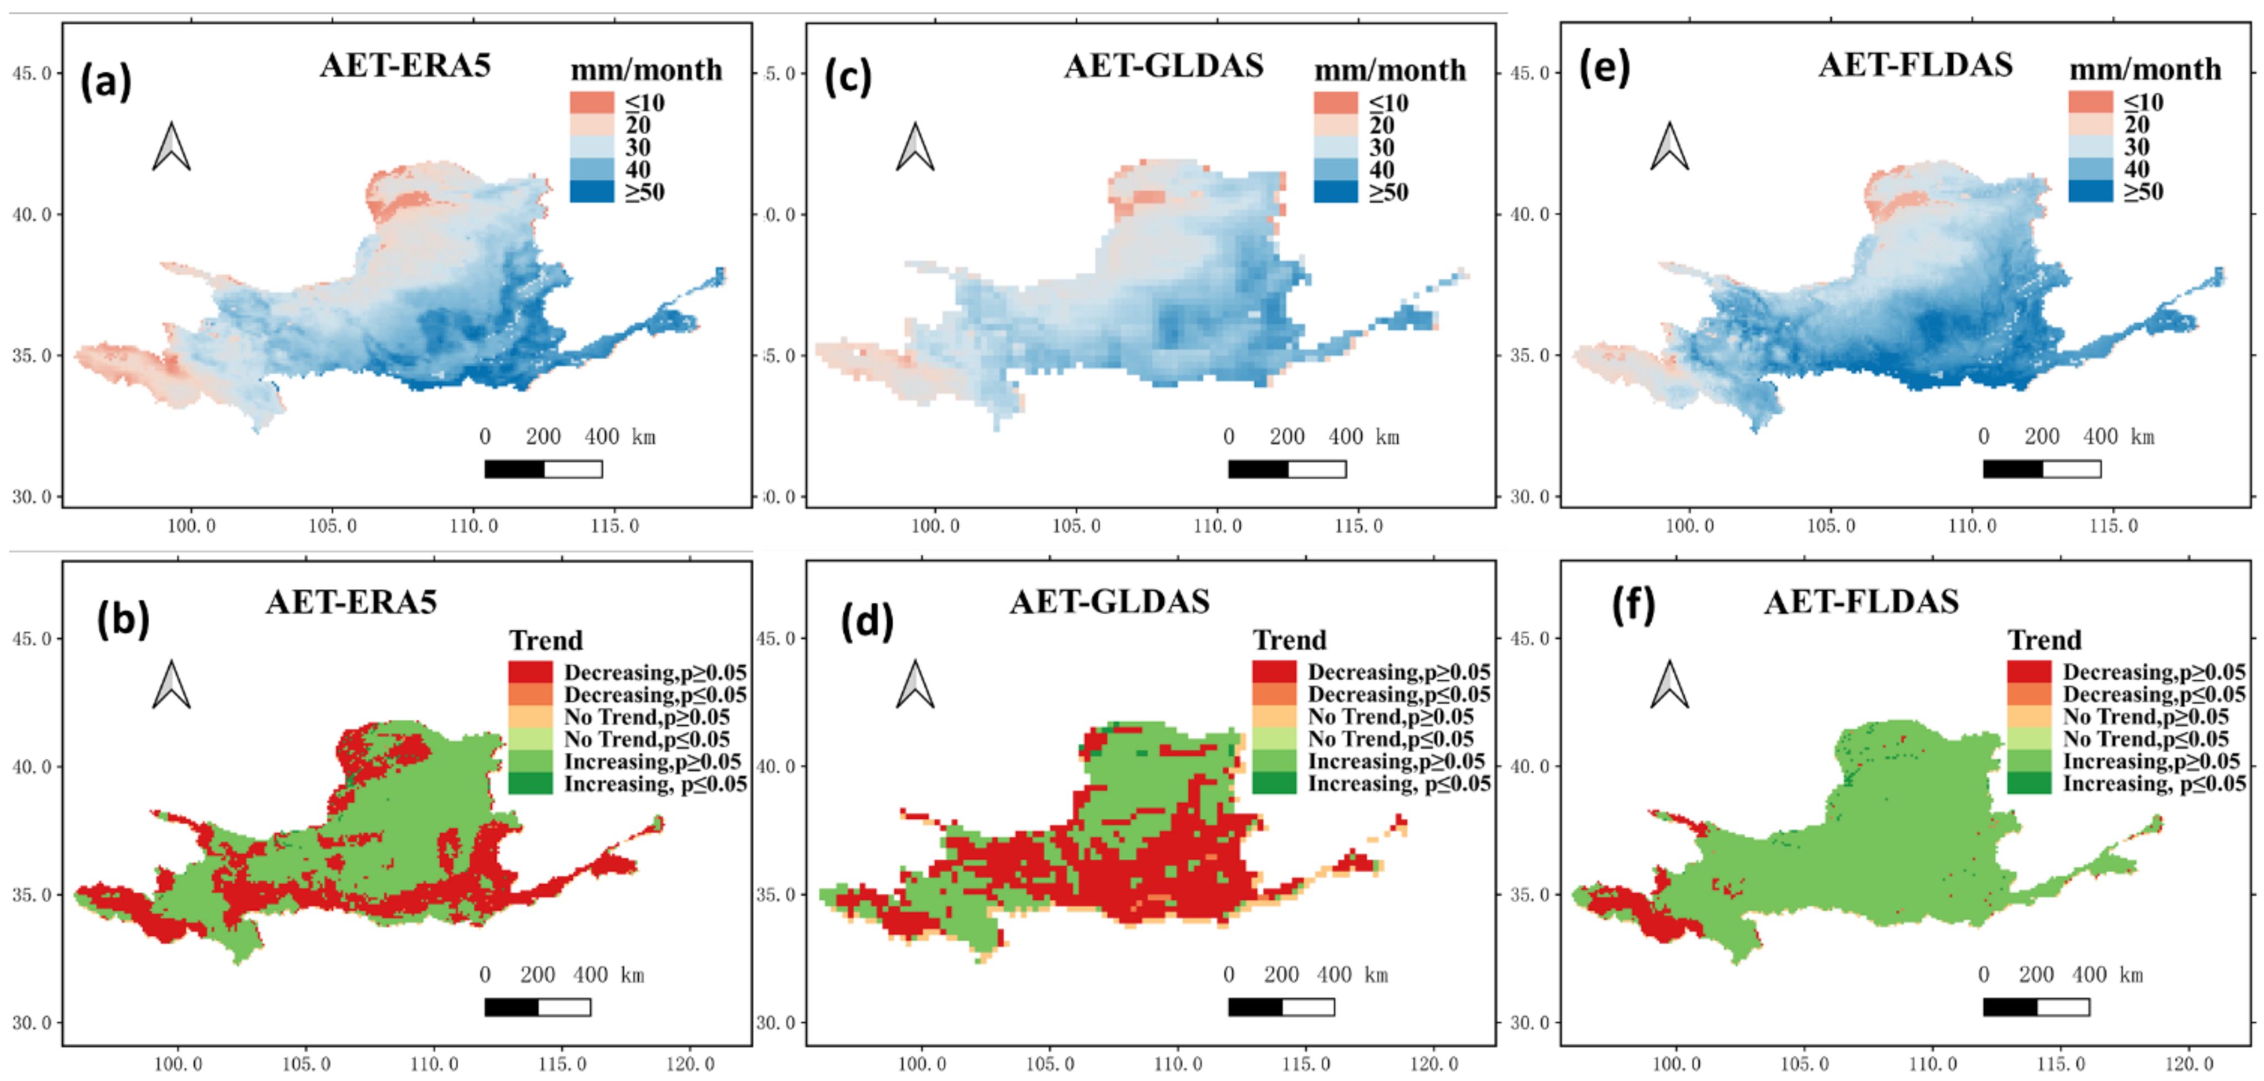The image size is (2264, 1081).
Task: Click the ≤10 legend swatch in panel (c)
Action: (1335, 103)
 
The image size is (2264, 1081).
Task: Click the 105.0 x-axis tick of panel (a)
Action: (332, 526)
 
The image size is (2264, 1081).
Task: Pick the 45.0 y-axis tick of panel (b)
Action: (32, 638)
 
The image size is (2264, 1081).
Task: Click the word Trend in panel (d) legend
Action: (1289, 640)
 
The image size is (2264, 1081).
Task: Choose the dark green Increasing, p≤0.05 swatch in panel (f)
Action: (2028, 783)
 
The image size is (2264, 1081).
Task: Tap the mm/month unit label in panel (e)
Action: (2144, 69)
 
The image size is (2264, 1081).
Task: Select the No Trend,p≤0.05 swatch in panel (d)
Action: (1274, 739)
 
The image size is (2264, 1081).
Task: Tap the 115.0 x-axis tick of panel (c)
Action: (1358, 526)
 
